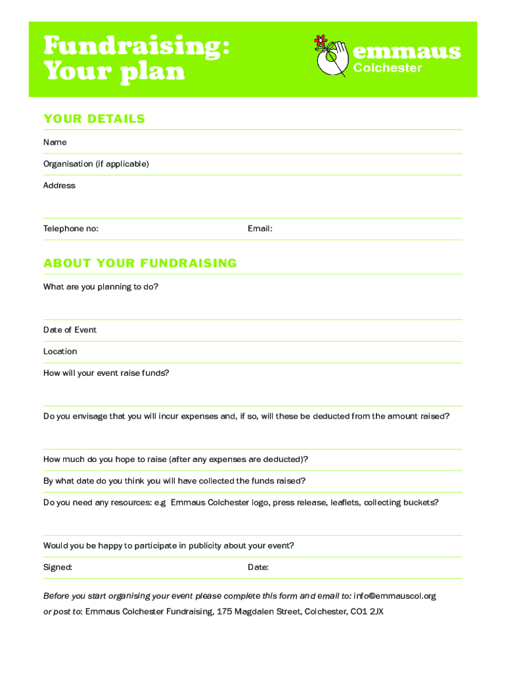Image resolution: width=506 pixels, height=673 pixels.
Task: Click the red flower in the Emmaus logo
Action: [321, 41]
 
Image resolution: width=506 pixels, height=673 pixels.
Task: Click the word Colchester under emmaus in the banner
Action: [388, 68]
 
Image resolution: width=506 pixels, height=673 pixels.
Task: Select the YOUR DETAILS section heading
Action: [94, 119]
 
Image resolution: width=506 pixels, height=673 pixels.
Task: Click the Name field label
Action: [55, 142]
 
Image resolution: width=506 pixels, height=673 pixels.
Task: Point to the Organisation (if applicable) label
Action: [96, 164]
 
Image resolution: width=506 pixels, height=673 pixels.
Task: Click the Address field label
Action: [59, 185]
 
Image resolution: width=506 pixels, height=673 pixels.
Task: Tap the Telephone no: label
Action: [71, 229]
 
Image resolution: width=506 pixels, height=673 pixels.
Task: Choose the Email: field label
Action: [260, 229]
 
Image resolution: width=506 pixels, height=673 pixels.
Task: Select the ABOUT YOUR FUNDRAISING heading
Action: [140, 264]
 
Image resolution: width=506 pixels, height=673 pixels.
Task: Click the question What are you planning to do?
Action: [101, 287]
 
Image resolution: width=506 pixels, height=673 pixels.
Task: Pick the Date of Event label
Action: [70, 330]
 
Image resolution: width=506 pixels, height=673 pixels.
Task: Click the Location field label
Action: [60, 352]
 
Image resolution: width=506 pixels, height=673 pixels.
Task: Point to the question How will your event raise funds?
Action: [106, 373]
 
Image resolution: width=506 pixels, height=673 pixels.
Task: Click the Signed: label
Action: [58, 567]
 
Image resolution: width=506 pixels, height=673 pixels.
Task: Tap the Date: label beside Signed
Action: [258, 567]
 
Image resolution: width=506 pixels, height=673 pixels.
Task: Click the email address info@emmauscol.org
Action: [394, 596]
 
